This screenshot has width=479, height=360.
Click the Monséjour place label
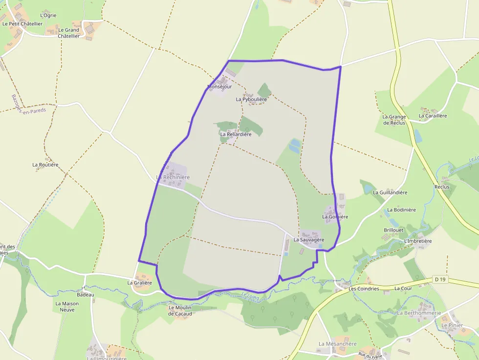tap(219, 86)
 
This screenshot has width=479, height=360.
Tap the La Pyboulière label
tap(251, 99)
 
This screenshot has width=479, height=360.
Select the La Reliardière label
tap(236, 134)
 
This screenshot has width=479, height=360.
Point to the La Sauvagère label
tap(308, 240)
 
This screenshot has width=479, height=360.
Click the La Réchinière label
tap(173, 177)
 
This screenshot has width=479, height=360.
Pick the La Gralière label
tap(140, 282)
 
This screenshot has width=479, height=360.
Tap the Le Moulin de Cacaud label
tap(180, 311)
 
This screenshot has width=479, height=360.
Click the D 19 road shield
tap(440, 279)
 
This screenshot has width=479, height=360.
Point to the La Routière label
tap(45, 165)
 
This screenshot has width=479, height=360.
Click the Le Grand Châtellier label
tap(68, 33)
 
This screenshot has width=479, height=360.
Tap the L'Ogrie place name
tap(48, 15)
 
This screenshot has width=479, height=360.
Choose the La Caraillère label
tap(433, 116)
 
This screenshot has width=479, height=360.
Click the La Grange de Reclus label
tap(394, 120)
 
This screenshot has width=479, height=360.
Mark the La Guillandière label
tap(390, 192)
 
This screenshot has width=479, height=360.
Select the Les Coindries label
tap(364, 289)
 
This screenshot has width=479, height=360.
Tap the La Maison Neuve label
tap(66, 306)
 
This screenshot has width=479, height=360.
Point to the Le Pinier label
tap(452, 325)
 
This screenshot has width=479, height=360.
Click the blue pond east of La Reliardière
tap(295, 145)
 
